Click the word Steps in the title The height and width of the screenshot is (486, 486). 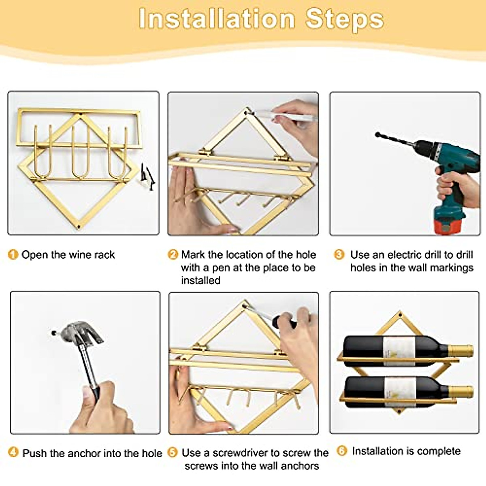point(345,20)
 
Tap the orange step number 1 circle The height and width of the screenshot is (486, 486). point(13,254)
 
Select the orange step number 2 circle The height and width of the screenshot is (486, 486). point(173,254)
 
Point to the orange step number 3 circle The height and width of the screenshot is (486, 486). point(339,254)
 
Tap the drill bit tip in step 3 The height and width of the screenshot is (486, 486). point(377,134)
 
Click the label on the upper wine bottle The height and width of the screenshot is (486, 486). point(399,351)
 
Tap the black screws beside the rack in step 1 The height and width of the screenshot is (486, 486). point(147,177)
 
